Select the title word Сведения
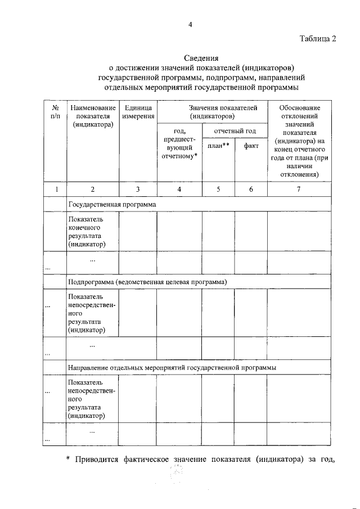pos(201,58)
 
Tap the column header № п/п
pos(55,111)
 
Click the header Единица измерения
pos(138,111)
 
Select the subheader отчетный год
pos(235,131)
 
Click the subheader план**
pos(218,146)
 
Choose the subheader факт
pos(251,146)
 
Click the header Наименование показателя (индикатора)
pos(93,116)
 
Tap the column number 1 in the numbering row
pos(55,190)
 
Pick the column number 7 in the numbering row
pos(299,190)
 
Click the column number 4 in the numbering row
pos(179,190)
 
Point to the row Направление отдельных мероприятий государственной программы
pos(172,367)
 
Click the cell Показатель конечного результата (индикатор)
pos(89,231)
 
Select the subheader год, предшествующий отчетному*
pos(179,143)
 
